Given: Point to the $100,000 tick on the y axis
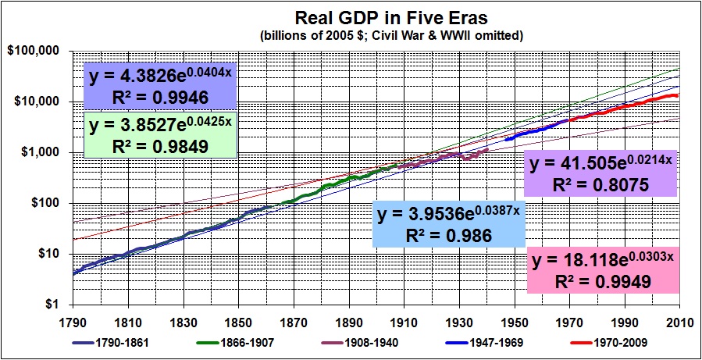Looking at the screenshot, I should point(35,51).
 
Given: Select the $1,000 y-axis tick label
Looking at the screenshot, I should point(40,152).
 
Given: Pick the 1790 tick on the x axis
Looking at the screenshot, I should point(72,322).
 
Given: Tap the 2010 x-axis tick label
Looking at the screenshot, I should point(679,322).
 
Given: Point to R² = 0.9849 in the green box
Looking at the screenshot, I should point(160,145).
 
